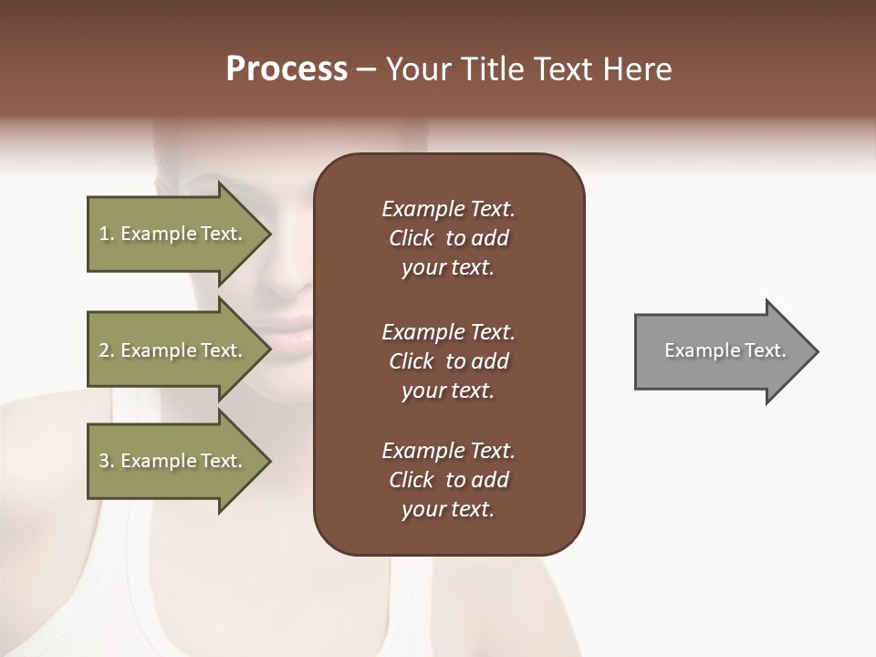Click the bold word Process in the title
click(287, 70)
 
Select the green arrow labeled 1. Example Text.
click(173, 235)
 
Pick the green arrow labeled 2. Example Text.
click(173, 350)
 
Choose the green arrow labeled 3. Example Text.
click(173, 461)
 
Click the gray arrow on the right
click(721, 351)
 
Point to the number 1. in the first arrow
click(107, 235)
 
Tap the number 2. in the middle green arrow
click(107, 350)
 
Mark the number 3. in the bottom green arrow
click(107, 461)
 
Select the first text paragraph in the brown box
click(448, 238)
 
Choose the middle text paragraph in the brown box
click(448, 361)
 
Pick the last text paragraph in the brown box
click(448, 480)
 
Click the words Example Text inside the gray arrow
click(725, 350)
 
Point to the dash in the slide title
click(367, 70)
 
